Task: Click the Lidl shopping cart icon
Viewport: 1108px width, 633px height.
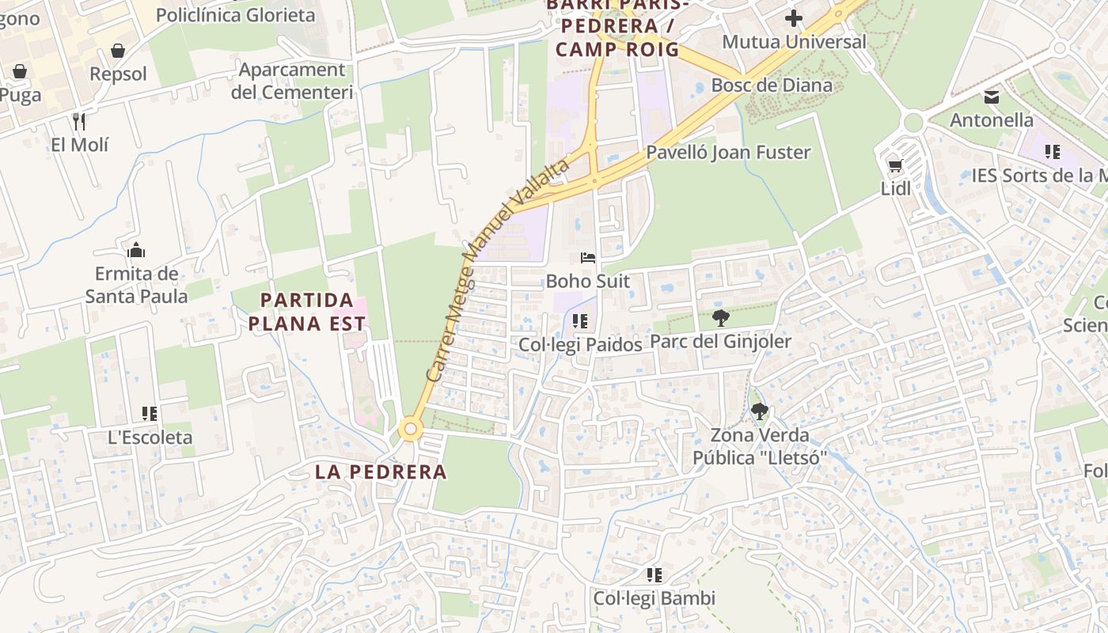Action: [895, 165]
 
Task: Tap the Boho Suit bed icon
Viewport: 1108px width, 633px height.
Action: [588, 258]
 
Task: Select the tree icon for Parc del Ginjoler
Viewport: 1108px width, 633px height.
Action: [720, 318]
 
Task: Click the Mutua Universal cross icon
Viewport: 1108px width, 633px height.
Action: [794, 18]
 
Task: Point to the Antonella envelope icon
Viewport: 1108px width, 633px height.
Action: [991, 97]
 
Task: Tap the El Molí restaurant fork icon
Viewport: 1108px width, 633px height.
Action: [79, 122]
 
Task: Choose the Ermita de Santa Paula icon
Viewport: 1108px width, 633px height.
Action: [136, 251]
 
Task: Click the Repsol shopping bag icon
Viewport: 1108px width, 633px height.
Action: [118, 51]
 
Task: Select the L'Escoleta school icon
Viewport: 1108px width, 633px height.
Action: [150, 414]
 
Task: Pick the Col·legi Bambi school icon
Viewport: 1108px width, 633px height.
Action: [654, 575]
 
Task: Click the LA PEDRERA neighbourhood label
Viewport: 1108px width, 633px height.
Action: [381, 472]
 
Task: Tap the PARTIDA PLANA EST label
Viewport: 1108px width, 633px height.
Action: [307, 312]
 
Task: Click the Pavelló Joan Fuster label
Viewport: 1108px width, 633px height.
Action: [728, 153]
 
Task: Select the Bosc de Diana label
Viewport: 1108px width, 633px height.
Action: [772, 85]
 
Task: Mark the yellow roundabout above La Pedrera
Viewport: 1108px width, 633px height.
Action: [409, 430]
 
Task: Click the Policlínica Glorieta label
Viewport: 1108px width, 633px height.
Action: [235, 15]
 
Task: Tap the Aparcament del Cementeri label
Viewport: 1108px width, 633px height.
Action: [291, 81]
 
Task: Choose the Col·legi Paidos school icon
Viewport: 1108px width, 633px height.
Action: [580, 321]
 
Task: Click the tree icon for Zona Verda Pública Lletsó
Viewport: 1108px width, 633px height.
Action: [759, 411]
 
